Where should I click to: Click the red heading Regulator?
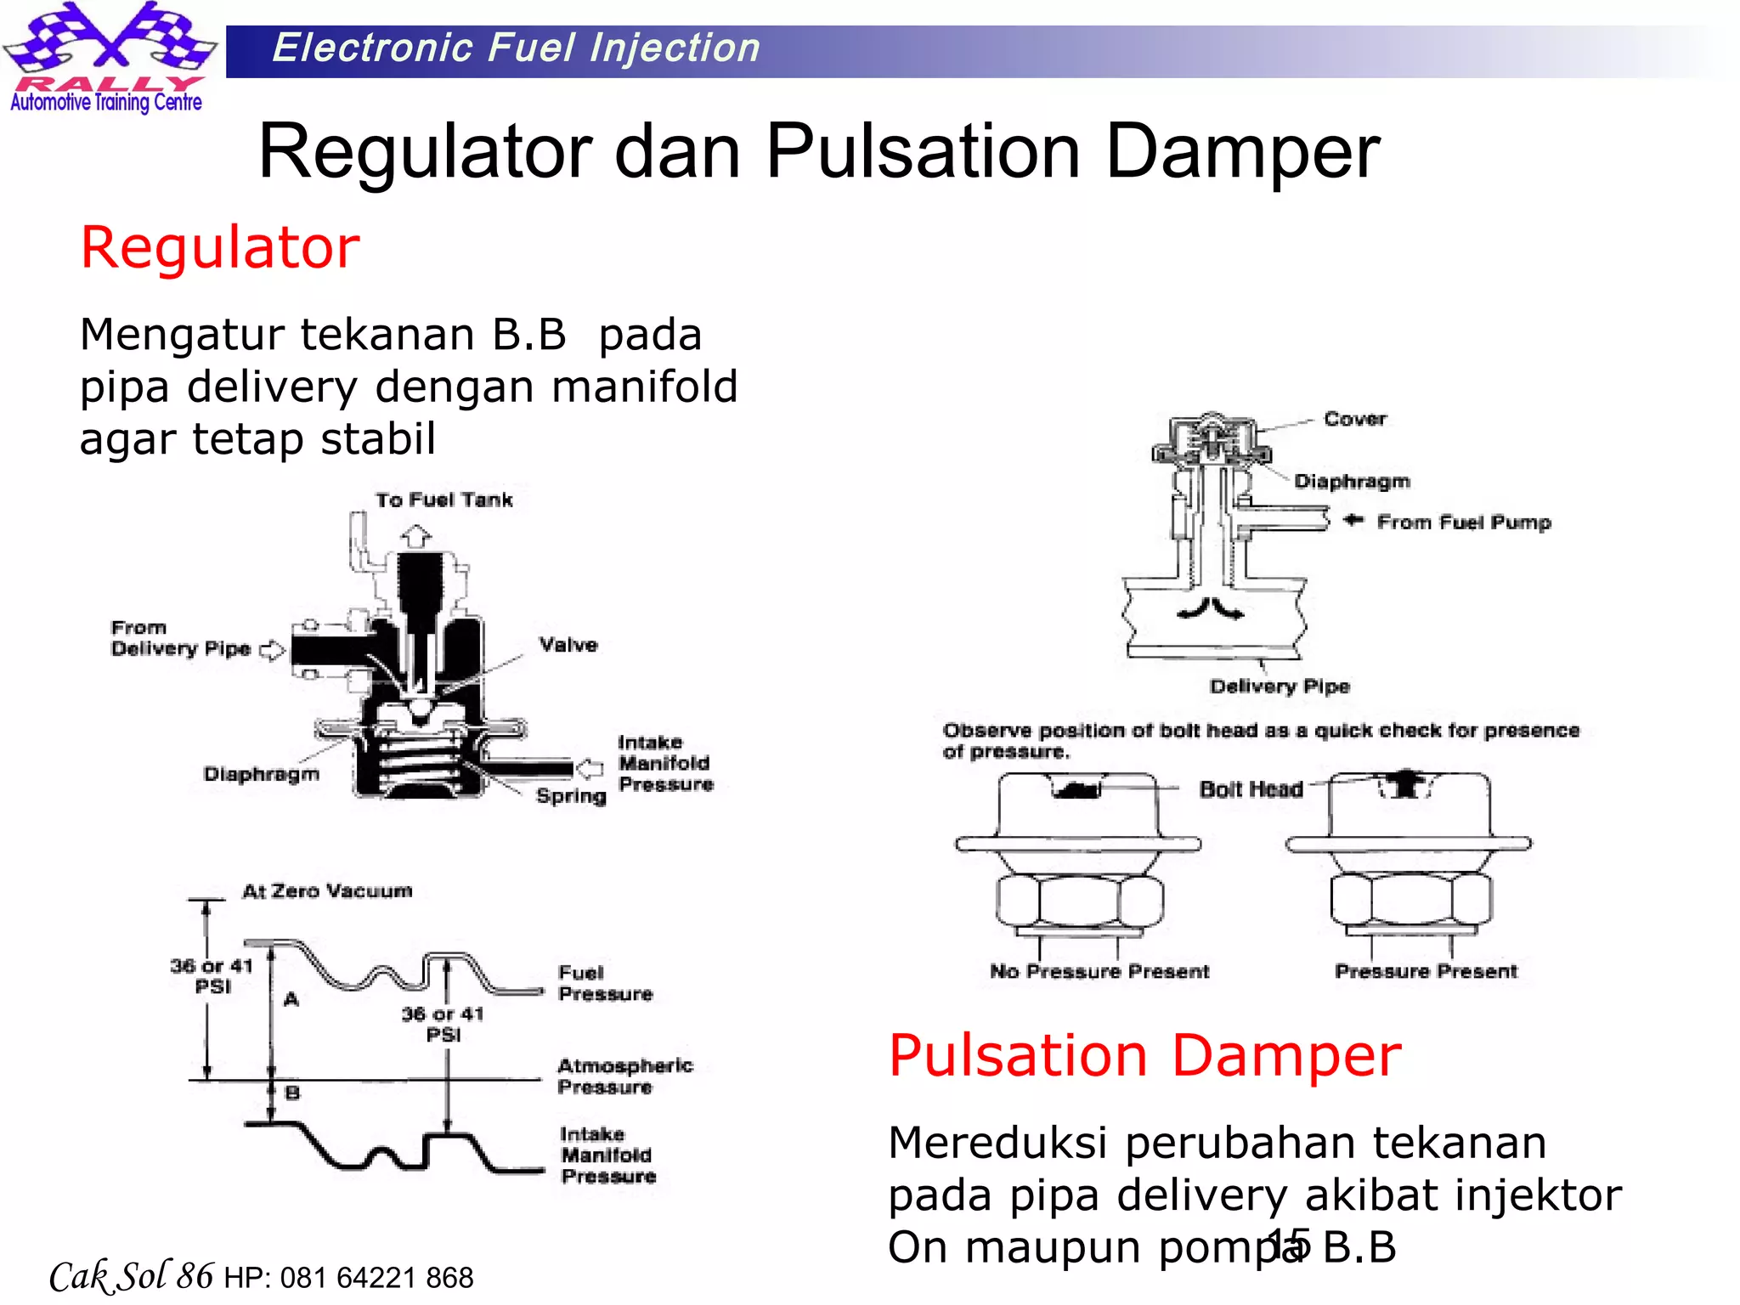coord(220,248)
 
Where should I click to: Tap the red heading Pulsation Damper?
coord(1144,1055)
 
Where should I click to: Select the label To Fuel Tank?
coord(444,500)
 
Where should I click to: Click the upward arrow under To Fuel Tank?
coord(416,536)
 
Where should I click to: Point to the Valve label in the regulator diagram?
coord(568,645)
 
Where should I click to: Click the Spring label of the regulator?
coord(571,796)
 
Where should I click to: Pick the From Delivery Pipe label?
coord(180,639)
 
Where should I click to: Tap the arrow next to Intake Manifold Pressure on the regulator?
coord(590,768)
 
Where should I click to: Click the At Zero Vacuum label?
coord(327,891)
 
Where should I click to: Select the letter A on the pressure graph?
coord(291,999)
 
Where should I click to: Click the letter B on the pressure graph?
coord(292,1093)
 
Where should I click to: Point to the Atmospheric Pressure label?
coord(624,1076)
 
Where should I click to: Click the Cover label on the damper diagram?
coord(1355,419)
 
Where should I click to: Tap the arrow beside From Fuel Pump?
coord(1353,520)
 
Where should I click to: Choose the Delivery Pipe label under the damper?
coord(1280,686)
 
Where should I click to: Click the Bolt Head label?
coord(1251,790)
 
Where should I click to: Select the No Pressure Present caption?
coord(1099,971)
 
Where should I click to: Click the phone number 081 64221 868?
coord(376,1278)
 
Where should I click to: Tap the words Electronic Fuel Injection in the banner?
coord(516,48)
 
